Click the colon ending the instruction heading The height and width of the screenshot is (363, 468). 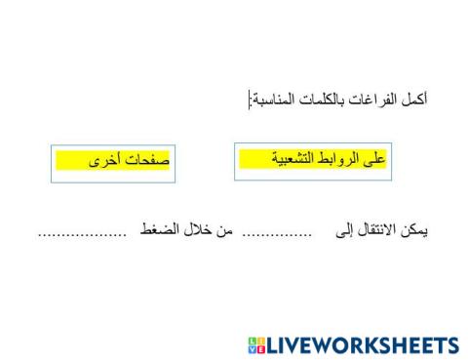pyautogui.click(x=250, y=101)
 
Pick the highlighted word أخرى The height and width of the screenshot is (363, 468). pyautogui.click(x=106, y=158)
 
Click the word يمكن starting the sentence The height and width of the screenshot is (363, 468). pyautogui.click(x=414, y=232)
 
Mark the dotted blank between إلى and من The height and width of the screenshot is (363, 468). pyautogui.click(x=276, y=234)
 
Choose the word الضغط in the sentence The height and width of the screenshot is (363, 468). pyautogui.click(x=163, y=232)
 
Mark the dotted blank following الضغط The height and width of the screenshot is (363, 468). pyautogui.click(x=82, y=234)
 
